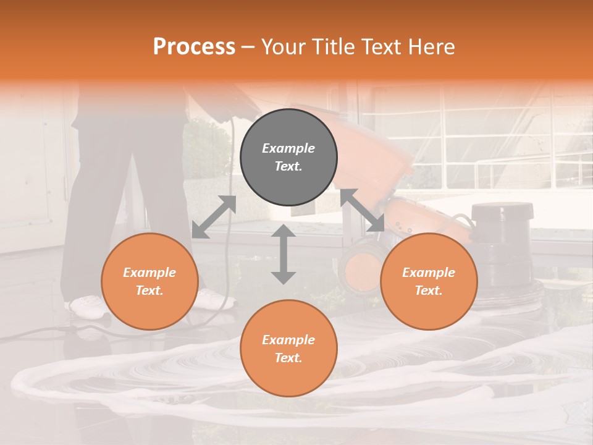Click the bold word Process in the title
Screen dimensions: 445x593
pos(194,47)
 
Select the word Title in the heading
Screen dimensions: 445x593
pos(334,47)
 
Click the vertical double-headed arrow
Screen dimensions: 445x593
pos(284,254)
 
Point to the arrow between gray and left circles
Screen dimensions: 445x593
pos(214,216)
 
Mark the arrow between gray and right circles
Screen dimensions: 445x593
pos(363,210)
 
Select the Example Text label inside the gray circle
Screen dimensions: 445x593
pos(288,157)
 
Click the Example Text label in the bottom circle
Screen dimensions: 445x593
pos(288,349)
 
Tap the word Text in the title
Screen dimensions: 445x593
pos(382,47)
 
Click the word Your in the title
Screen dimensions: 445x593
pos(284,47)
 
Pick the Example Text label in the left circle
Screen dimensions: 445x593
pos(149,281)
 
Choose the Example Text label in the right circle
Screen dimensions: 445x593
pos(429,281)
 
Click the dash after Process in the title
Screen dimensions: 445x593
pos(248,47)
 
